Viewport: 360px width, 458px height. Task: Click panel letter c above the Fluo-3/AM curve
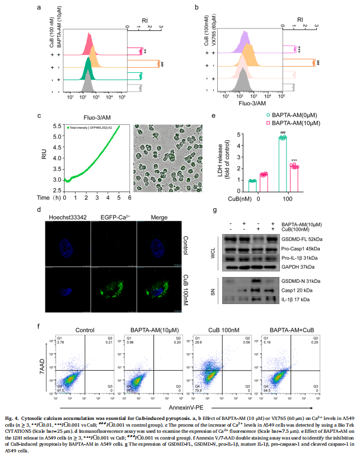[39, 116]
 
